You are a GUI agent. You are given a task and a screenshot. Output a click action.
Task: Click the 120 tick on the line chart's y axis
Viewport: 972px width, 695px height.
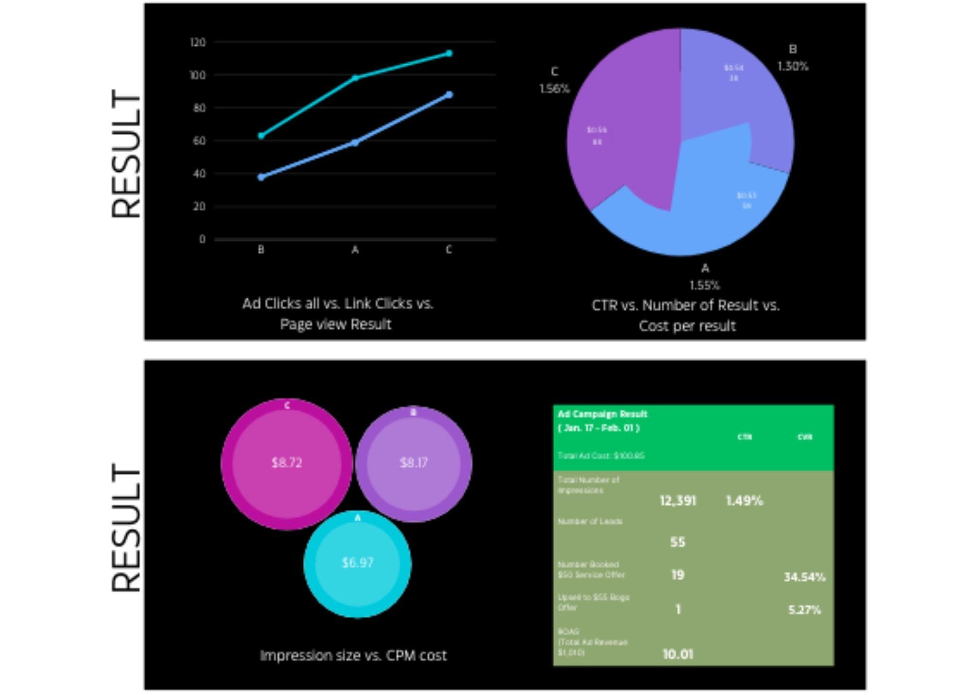click(x=198, y=43)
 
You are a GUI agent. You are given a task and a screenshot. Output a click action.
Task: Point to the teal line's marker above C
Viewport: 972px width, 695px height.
click(x=449, y=53)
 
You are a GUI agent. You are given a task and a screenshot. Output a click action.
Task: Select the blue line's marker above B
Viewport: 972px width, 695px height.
click(x=261, y=177)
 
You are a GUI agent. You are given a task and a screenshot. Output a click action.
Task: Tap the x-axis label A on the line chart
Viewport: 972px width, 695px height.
click(x=355, y=250)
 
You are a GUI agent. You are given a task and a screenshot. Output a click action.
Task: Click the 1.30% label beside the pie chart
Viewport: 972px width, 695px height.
click(x=793, y=66)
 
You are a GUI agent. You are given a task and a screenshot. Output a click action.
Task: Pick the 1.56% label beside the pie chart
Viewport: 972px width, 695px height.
click(x=555, y=89)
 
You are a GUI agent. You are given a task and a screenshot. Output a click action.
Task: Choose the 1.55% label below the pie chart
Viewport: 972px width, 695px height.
click(x=705, y=285)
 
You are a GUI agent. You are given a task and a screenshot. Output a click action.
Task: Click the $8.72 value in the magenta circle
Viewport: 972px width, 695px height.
click(x=287, y=463)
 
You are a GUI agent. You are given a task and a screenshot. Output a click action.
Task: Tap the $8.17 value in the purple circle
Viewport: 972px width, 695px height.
click(x=414, y=463)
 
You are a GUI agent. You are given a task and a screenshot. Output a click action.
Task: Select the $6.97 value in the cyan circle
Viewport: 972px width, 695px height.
click(x=358, y=563)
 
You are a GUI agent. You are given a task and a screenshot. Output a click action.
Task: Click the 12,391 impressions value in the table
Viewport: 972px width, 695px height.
click(x=677, y=500)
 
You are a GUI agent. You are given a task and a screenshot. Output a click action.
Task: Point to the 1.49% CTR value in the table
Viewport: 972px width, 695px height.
click(x=744, y=500)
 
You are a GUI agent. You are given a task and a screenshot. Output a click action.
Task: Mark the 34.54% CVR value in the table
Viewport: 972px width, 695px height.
click(x=804, y=577)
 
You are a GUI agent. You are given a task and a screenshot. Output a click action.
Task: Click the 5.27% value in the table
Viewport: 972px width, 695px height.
click(x=804, y=610)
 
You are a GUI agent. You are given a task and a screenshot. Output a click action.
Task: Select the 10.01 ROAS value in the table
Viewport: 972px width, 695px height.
click(x=677, y=654)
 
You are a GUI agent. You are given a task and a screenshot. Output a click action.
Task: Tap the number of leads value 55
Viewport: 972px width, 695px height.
click(x=677, y=542)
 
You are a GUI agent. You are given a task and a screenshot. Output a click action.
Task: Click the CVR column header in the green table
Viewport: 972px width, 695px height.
click(x=805, y=437)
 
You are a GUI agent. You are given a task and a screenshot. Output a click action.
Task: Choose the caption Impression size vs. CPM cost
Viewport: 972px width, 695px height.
click(x=353, y=656)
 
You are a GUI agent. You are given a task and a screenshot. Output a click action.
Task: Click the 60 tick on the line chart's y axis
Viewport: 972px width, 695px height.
click(x=199, y=141)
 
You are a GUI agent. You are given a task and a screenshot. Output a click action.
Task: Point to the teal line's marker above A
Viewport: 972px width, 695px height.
click(x=355, y=78)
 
